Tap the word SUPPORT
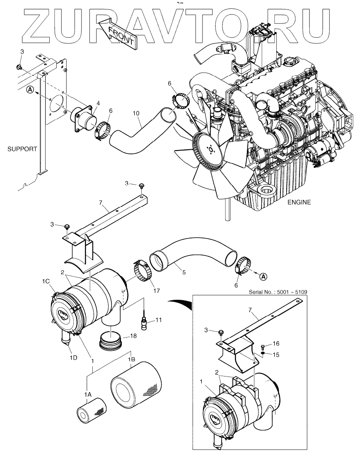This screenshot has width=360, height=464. pos(22,149)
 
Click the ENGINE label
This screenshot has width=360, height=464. pos(299,202)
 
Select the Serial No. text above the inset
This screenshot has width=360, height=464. pos(278,292)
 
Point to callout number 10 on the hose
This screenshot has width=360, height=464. pos(135,113)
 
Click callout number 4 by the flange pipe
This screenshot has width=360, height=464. pos(98,103)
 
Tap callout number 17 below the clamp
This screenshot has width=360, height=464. pos(156,291)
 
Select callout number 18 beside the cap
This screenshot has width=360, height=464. pos(133,336)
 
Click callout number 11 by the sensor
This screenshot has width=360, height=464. pos(158,320)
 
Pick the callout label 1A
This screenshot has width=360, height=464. pos(87,394)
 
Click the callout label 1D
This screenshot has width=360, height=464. pos(73,358)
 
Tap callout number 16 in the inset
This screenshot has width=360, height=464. pos(276,344)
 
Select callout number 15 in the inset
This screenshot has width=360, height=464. pos(275,355)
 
